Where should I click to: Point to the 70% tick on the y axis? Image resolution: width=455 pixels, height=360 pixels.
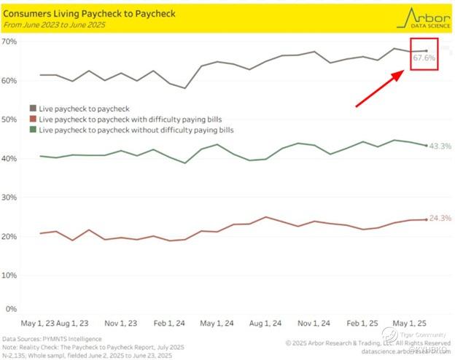point(10,41)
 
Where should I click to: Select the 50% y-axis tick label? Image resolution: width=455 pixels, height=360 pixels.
point(10,119)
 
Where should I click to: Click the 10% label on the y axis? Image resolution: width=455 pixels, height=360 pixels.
point(10,275)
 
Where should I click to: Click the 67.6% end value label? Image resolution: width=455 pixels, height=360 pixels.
point(424,57)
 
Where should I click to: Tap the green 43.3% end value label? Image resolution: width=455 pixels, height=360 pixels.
point(440,146)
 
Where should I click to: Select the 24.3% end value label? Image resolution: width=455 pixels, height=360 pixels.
point(440,219)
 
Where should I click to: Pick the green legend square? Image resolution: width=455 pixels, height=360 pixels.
point(33,130)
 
